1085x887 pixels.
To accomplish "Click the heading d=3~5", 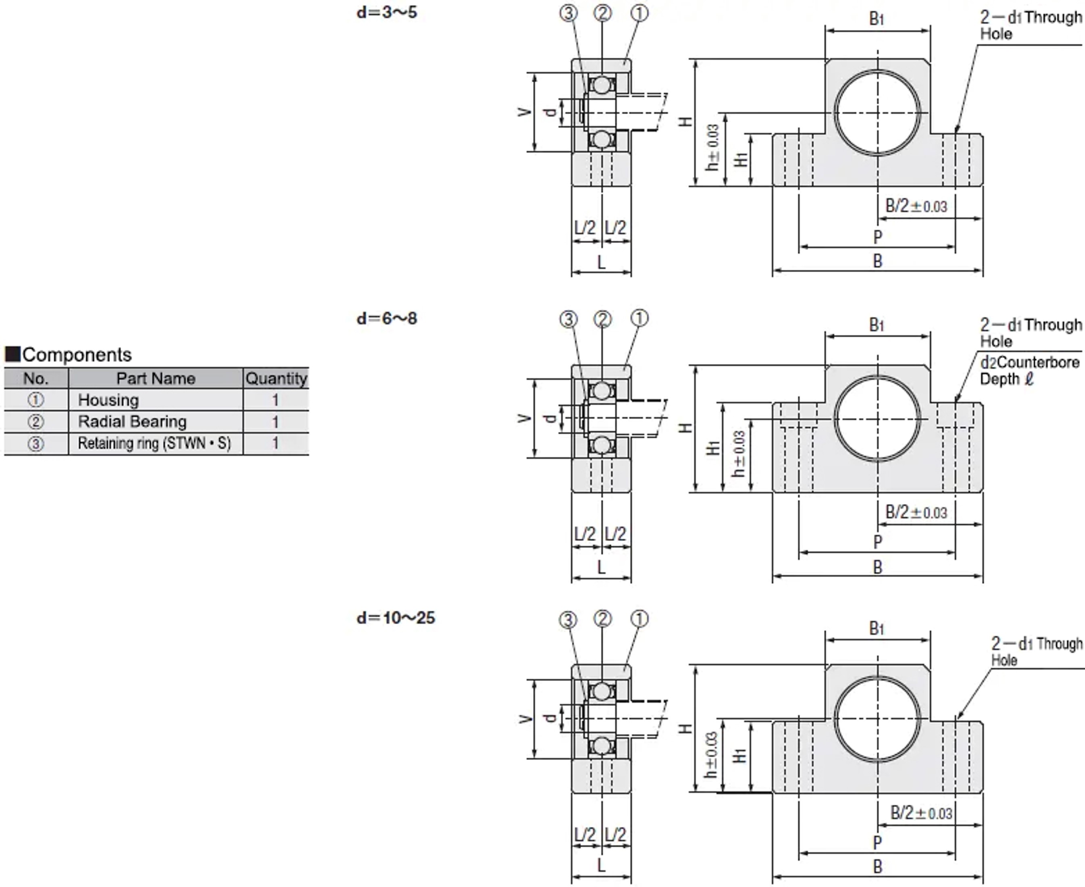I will pyautogui.click(x=387, y=12).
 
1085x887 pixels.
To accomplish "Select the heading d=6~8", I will pyautogui.click(x=387, y=319).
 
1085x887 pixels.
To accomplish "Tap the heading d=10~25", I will pyautogui.click(x=396, y=618).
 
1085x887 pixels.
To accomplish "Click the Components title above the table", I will pyautogui.click(x=77, y=354).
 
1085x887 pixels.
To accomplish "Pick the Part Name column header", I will pyautogui.click(x=156, y=379).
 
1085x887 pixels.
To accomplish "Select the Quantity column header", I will pyautogui.click(x=276, y=379).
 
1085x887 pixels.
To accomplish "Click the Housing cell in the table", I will pyautogui.click(x=108, y=400).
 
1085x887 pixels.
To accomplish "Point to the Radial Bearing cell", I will pyautogui.click(x=132, y=422).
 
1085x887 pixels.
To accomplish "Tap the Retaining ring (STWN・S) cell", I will pyautogui.click(x=154, y=443).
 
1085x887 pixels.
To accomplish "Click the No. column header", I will pyautogui.click(x=36, y=379).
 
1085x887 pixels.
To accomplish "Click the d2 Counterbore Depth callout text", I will pyautogui.click(x=1029, y=371).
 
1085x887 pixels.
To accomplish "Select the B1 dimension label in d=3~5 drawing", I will pyautogui.click(x=877, y=19).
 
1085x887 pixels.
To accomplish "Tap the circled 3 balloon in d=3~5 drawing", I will pyautogui.click(x=568, y=13).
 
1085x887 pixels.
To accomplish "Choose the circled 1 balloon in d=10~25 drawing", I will pyautogui.click(x=639, y=619).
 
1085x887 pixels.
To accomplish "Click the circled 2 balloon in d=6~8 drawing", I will pyautogui.click(x=603, y=319).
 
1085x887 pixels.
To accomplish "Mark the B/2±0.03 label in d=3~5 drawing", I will pyautogui.click(x=916, y=206).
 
